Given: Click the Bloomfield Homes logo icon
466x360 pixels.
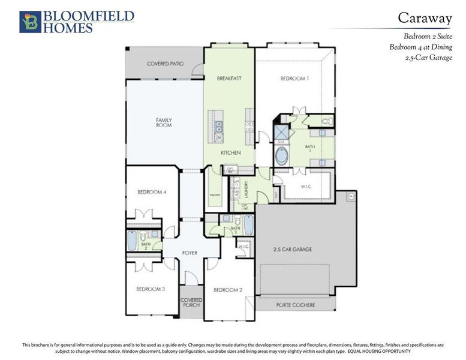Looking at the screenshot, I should click(28, 22).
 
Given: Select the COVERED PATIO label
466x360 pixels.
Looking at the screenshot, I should click(165, 64).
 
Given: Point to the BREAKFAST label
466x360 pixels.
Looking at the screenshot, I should click(229, 79).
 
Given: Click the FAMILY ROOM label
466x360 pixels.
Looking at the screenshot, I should click(164, 122).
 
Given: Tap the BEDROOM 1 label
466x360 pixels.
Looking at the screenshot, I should click(294, 79).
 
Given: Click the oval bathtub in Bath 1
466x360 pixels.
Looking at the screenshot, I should click(281, 157).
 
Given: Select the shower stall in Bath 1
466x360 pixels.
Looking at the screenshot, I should click(280, 132).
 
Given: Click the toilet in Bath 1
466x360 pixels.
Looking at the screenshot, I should click(326, 121).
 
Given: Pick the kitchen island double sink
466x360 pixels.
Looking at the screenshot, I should click(219, 126).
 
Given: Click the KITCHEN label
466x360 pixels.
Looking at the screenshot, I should click(230, 153).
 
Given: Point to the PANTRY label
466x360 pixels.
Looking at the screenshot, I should click(215, 195).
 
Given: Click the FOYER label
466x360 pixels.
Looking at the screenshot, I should click(190, 253).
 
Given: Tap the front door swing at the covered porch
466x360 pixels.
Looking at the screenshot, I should click(191, 277).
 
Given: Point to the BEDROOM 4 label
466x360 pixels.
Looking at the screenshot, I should click(151, 192).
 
